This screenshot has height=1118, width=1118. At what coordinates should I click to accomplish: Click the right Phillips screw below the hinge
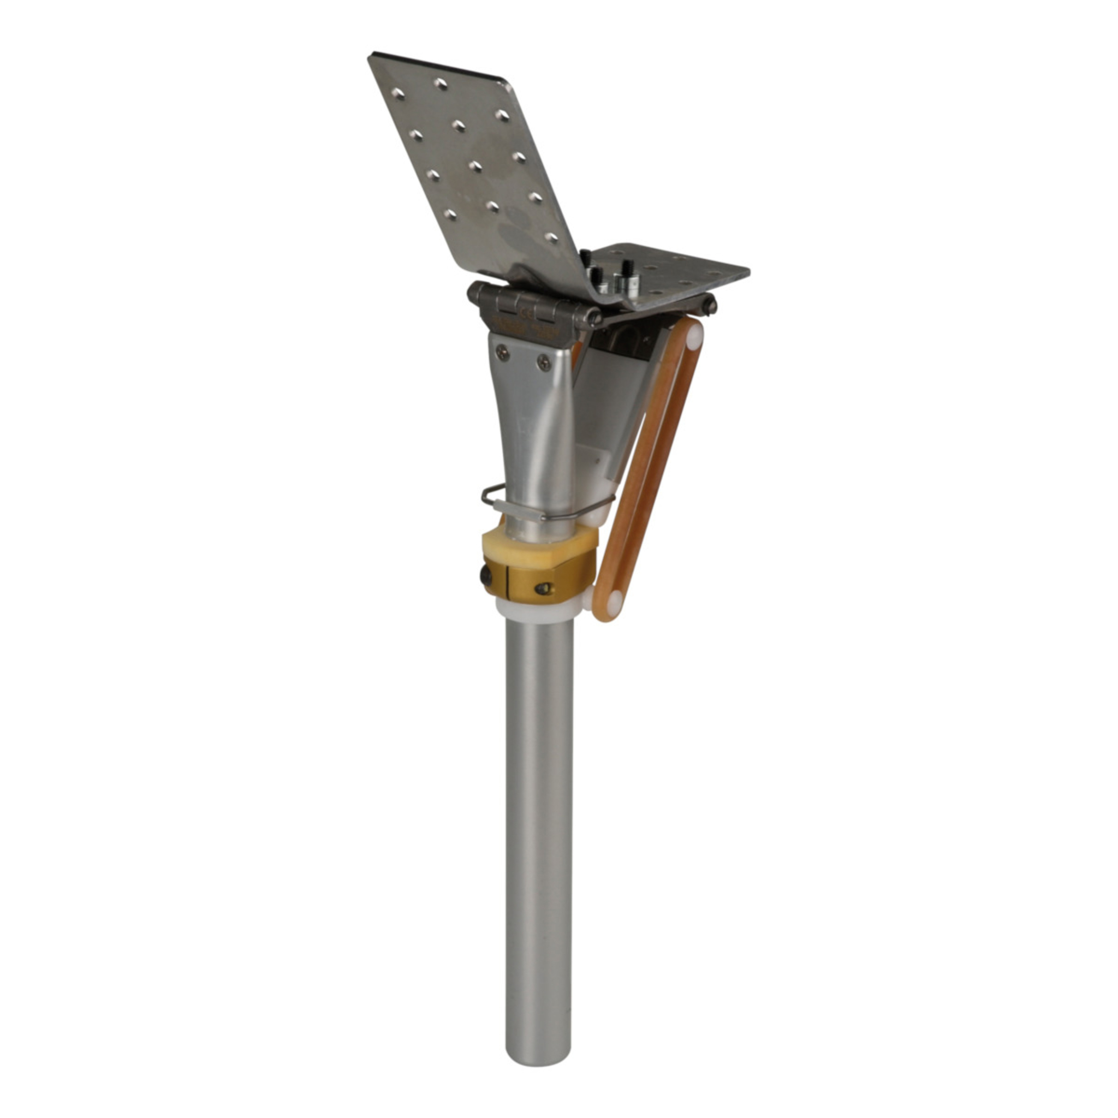[x=544, y=362]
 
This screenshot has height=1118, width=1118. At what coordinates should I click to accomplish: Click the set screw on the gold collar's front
[x=542, y=588]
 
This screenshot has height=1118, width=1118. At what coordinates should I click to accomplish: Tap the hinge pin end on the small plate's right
[x=710, y=305]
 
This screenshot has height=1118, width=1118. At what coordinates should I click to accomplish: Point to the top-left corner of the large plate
[x=371, y=56]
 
